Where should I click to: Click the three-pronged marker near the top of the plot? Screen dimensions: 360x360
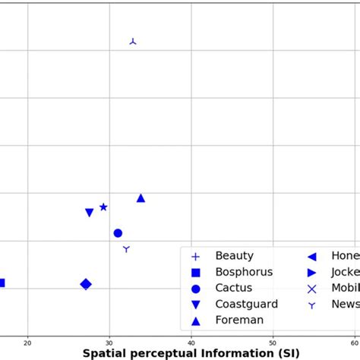133,41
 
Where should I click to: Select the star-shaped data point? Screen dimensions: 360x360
103,207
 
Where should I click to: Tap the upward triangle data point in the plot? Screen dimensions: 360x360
141,198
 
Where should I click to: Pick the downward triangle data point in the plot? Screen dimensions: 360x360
90,213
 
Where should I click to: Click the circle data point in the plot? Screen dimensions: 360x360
118,233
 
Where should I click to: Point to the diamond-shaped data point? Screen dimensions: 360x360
86,284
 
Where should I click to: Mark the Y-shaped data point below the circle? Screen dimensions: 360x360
126,249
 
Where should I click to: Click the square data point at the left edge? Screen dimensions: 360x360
2,283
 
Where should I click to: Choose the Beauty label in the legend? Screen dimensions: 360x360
234,256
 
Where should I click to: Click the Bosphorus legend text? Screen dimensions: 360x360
244,272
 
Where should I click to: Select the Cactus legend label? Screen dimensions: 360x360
233,288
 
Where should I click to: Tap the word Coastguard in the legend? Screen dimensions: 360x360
246,304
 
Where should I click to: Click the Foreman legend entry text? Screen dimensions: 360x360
239,320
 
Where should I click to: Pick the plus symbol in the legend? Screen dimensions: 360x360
195,257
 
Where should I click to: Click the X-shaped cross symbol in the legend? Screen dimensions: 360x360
311,289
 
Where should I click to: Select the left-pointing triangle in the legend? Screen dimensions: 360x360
311,257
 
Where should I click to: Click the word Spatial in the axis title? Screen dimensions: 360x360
106,353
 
